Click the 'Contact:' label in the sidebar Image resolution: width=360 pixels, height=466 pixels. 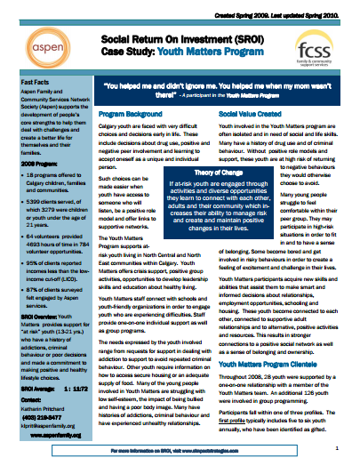tap(22, 405)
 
